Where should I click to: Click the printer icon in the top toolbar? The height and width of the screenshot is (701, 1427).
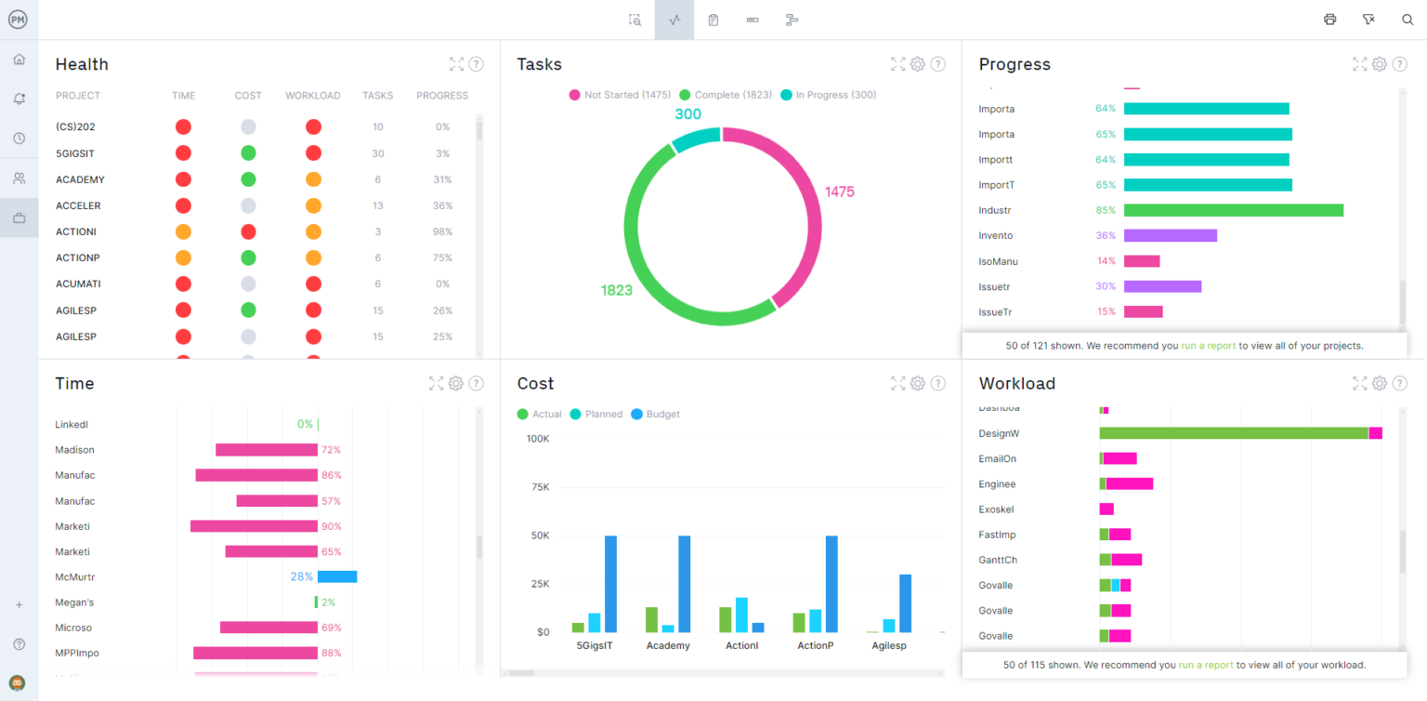tap(1329, 20)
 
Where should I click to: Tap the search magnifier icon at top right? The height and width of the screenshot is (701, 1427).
tap(1407, 20)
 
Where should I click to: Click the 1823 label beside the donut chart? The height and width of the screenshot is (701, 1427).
tap(616, 290)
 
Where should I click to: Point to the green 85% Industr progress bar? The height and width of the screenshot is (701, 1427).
tap(1233, 210)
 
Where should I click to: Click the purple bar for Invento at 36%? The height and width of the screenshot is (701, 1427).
tap(1170, 235)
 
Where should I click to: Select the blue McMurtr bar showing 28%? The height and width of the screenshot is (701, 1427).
tap(337, 576)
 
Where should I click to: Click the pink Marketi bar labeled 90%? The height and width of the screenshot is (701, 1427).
tap(254, 526)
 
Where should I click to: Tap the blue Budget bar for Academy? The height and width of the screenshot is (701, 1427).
tap(684, 584)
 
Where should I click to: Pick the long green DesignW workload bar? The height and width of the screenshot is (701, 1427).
tap(1233, 433)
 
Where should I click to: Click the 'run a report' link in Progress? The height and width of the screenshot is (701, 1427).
tap(1208, 346)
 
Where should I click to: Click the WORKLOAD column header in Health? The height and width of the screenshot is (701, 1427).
tap(312, 96)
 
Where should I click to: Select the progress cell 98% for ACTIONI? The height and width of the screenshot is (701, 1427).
tap(442, 231)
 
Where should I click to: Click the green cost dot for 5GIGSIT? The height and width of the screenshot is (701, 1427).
tap(248, 153)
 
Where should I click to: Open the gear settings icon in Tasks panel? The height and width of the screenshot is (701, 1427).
tap(917, 64)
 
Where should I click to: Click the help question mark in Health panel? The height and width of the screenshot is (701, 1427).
tap(476, 64)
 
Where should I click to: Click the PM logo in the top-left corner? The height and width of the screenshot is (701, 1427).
tap(19, 20)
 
